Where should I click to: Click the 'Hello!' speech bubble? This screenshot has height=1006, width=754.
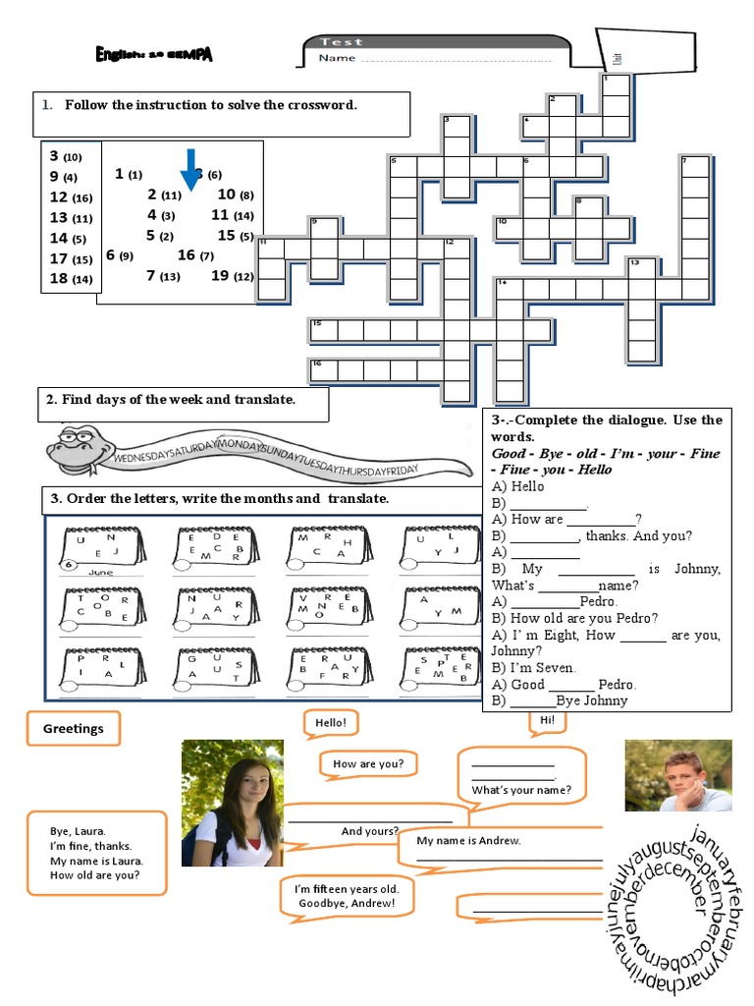pyautogui.click(x=330, y=723)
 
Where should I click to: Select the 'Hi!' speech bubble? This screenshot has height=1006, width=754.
pyautogui.click(x=548, y=720)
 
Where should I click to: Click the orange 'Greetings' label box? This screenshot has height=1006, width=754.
pyautogui.click(x=74, y=729)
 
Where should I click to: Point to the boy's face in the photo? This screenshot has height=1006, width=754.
pyautogui.click(x=675, y=772)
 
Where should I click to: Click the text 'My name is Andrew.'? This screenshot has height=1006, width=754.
pyautogui.click(x=469, y=841)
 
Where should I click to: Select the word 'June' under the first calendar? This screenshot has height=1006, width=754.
pyautogui.click(x=101, y=572)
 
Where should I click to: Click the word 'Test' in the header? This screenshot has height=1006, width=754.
pyautogui.click(x=341, y=42)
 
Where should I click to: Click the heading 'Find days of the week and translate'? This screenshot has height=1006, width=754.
pyautogui.click(x=178, y=399)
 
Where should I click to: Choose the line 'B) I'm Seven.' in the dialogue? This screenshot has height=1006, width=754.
pyautogui.click(x=534, y=668)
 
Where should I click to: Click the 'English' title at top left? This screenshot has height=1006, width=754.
pyautogui.click(x=153, y=56)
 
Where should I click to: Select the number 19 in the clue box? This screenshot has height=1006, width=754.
pyautogui.click(x=220, y=276)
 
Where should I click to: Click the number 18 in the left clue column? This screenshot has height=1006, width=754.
pyautogui.click(x=59, y=278)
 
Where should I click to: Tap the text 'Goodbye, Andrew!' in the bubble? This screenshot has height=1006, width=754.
pyautogui.click(x=347, y=903)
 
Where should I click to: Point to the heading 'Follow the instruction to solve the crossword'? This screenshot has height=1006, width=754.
pyautogui.click(x=211, y=105)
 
